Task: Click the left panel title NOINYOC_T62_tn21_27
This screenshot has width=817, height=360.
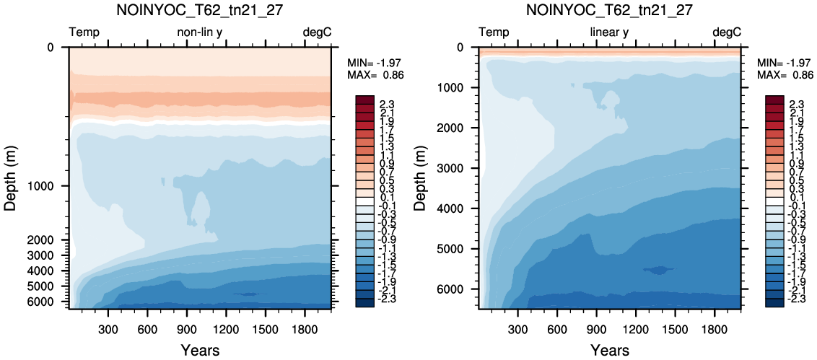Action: tap(200, 10)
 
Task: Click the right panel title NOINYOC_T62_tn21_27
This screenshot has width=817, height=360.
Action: tap(610, 10)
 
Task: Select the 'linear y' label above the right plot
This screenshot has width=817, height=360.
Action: tap(610, 32)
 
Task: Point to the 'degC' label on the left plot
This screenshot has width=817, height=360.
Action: tap(318, 32)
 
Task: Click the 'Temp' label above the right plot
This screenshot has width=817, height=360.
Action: tap(494, 32)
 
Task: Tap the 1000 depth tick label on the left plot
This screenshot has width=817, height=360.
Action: tap(50, 186)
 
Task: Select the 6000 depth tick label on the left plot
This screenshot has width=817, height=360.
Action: tap(50, 302)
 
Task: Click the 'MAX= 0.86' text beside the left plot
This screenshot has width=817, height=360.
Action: tap(376, 75)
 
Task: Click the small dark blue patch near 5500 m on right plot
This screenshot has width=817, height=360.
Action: tap(659, 269)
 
